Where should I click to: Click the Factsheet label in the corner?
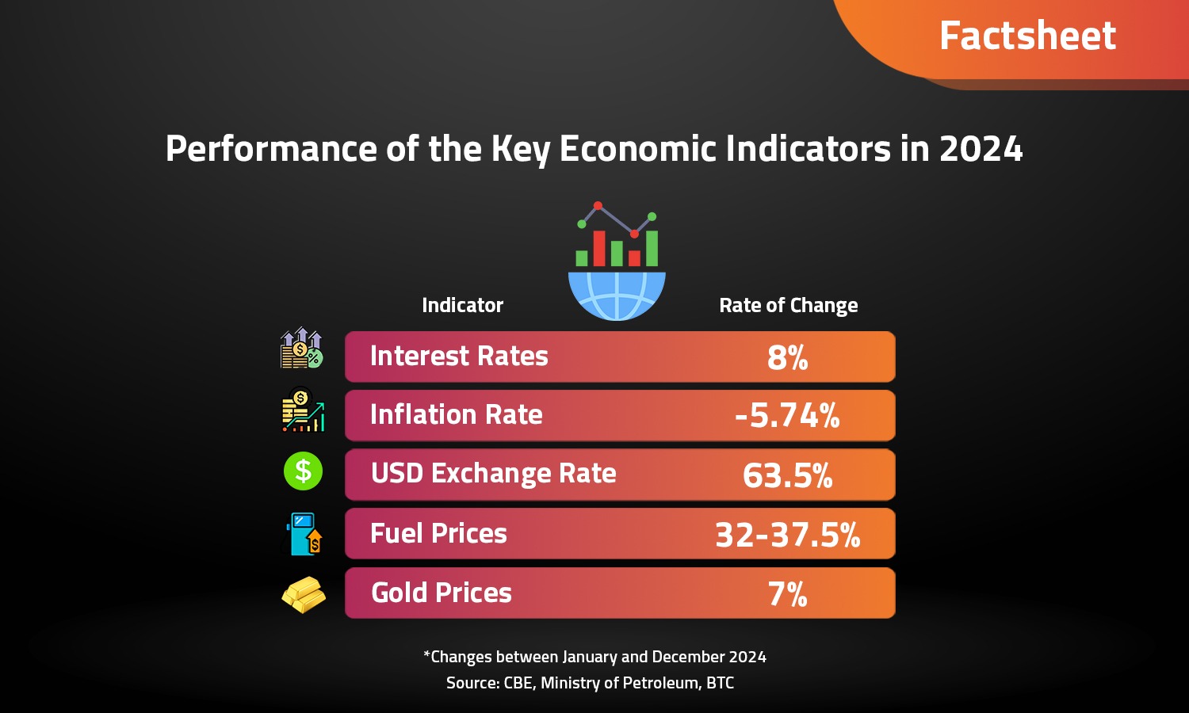click(1027, 36)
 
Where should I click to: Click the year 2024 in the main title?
click(981, 149)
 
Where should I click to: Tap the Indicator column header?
click(462, 305)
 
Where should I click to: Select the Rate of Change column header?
click(788, 305)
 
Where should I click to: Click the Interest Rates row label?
click(459, 356)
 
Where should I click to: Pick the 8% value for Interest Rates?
click(787, 358)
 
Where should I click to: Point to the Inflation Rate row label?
click(456, 415)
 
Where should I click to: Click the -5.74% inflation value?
click(787, 416)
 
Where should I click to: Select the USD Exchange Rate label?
click(493, 474)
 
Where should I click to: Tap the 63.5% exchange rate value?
click(787, 475)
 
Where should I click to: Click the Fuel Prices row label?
click(438, 534)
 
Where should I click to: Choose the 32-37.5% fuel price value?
click(787, 536)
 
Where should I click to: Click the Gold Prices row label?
click(441, 593)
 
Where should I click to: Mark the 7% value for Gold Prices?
click(787, 594)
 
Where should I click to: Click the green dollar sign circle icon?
click(303, 471)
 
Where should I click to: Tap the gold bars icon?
click(304, 594)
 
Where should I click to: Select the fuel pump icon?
click(304, 534)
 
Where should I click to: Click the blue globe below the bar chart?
click(617, 294)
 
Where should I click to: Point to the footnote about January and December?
click(594, 657)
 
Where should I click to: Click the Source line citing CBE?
click(590, 683)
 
